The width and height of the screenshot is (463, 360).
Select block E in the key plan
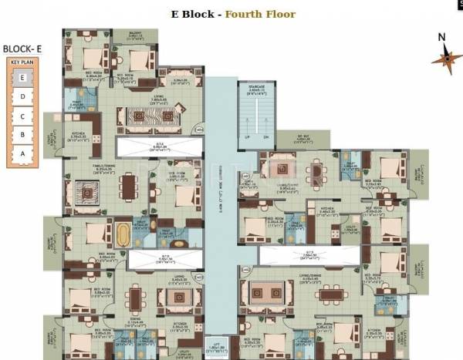(23, 77)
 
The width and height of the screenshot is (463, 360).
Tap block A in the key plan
(23, 153)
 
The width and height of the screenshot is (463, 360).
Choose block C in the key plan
(23, 116)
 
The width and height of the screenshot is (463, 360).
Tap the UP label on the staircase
(248, 137)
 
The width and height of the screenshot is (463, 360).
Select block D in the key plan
(23, 96)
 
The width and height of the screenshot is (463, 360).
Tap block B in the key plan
(23, 135)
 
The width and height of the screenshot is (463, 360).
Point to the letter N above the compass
(441, 37)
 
